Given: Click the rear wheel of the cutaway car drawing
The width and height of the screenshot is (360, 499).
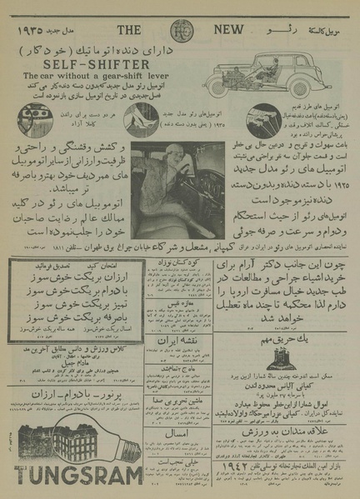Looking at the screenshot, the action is (x=310, y=92).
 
